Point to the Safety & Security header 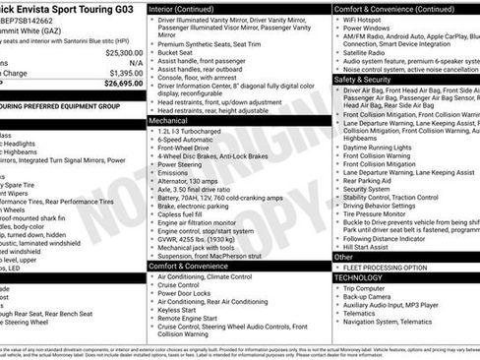tap(364, 79)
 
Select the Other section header tap(343, 257)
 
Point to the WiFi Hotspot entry tap(366, 19)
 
